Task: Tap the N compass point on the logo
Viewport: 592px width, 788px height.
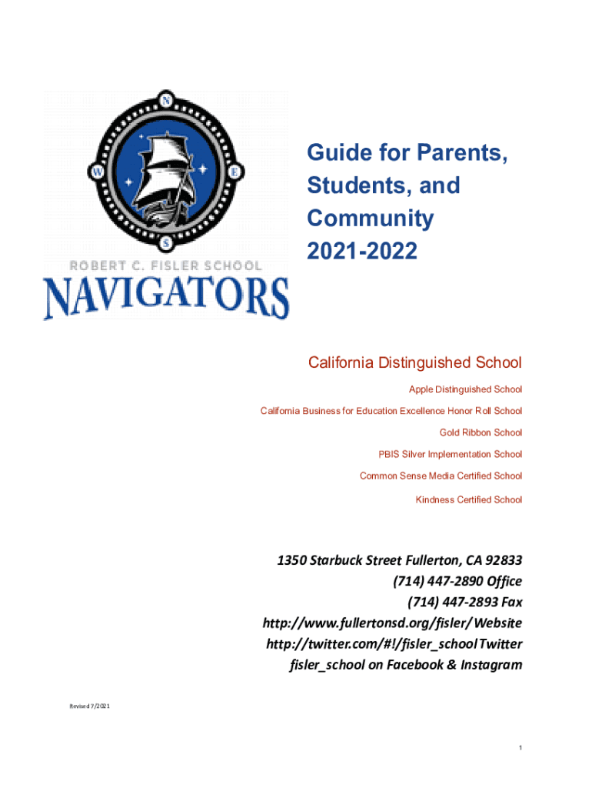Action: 166,99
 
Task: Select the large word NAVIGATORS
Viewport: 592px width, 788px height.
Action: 166,298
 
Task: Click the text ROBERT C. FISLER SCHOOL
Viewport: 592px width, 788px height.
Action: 166,265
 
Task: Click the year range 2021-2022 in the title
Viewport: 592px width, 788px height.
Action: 362,251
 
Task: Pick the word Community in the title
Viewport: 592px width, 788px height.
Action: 371,219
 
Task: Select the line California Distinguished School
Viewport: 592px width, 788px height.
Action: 414,362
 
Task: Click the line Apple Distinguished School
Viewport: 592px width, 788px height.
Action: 465,389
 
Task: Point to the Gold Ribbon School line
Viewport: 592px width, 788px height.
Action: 481,432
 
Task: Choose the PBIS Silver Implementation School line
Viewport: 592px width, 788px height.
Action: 451,454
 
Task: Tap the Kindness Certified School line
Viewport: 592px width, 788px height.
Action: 469,499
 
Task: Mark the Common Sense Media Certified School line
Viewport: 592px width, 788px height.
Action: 441,476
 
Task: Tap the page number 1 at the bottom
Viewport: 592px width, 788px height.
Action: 520,748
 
